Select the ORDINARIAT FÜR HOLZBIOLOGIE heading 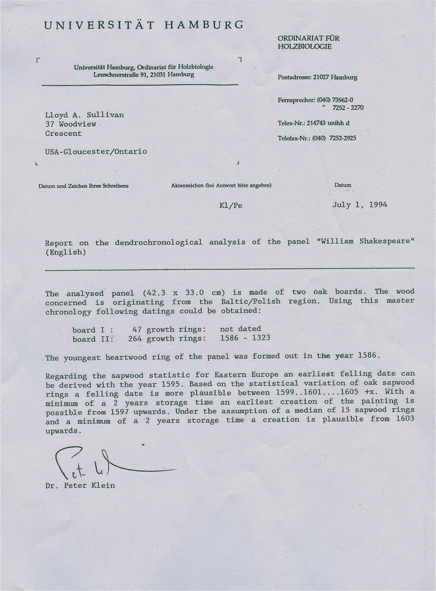(308, 43)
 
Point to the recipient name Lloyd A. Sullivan (84, 115)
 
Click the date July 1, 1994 (360, 205)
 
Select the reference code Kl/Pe (230, 206)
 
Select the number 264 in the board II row (135, 339)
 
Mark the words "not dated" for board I (240, 329)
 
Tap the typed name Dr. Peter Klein (80, 486)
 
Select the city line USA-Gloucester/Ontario (96, 151)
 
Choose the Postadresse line (317, 77)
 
